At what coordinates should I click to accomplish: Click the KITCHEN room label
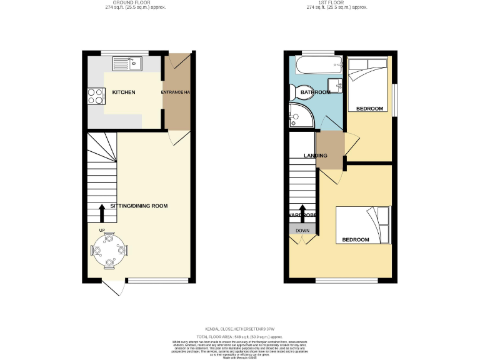(123, 92)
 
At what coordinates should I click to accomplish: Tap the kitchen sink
(127, 63)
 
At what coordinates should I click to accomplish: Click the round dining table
(110, 250)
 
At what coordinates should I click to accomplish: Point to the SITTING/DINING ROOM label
(139, 206)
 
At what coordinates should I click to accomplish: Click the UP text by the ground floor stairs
(101, 230)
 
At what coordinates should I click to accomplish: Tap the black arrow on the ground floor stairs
(102, 212)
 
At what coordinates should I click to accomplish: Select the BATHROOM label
(315, 92)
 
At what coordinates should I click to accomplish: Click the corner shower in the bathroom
(298, 116)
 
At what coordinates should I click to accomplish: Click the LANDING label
(315, 156)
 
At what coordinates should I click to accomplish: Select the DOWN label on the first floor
(302, 231)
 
